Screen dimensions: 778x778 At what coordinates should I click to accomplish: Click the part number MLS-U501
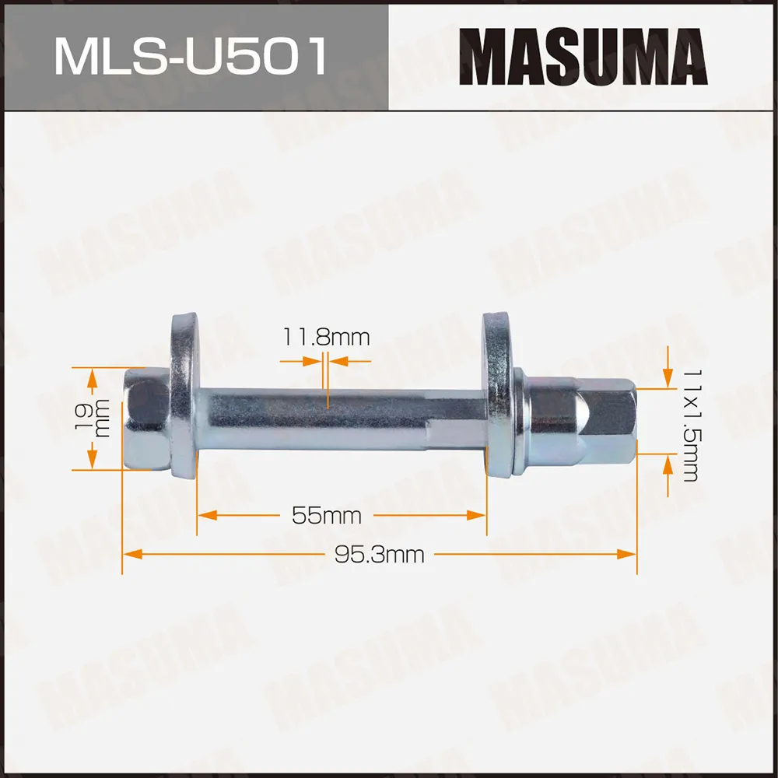click(x=190, y=56)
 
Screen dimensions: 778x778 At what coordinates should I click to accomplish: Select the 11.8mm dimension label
click(x=325, y=338)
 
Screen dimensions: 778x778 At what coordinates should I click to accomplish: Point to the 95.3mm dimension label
click(x=379, y=555)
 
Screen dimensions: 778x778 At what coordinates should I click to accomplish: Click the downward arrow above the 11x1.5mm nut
click(x=667, y=377)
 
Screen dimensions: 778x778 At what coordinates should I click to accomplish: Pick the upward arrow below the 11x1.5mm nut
click(x=667, y=465)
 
